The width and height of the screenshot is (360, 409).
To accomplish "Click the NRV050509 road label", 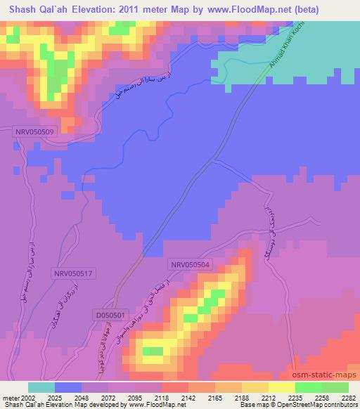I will point(34,131).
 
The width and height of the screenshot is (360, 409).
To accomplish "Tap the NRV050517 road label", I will point(73,273).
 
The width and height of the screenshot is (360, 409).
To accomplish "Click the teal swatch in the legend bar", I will point(41,387).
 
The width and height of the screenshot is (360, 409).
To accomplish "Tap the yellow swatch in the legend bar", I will point(282,387).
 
